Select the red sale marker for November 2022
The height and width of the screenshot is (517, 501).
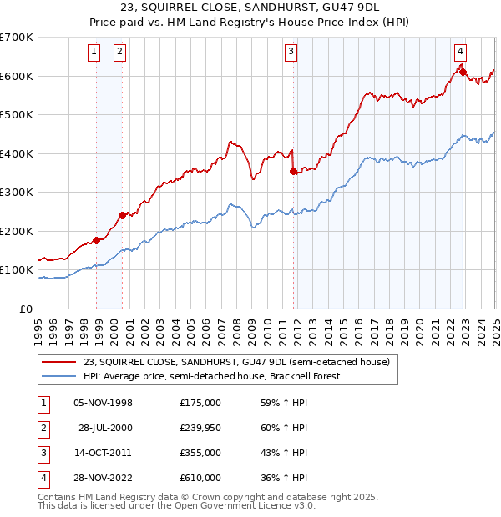click(x=463, y=72)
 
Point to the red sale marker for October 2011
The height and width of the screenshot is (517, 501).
click(x=294, y=171)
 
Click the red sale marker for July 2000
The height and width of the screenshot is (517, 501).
click(x=123, y=215)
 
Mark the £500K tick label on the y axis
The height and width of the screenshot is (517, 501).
click(x=17, y=114)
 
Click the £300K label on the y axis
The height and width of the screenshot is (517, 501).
click(x=17, y=192)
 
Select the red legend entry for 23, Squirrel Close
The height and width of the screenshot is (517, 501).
click(x=236, y=363)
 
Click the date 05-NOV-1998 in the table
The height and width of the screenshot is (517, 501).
click(x=104, y=403)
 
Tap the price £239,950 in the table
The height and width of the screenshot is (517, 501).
click(x=200, y=428)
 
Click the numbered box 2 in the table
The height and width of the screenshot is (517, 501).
click(x=42, y=428)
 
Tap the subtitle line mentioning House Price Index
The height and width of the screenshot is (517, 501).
click(x=250, y=23)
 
